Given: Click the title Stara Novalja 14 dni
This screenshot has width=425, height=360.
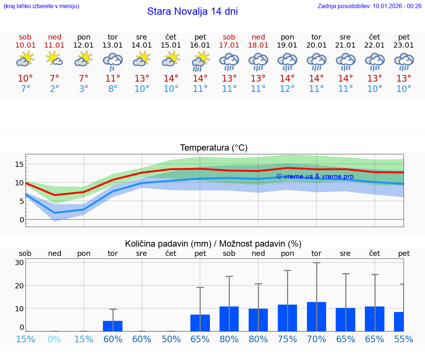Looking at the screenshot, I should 192,11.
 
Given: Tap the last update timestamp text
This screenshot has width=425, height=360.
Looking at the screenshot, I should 369,6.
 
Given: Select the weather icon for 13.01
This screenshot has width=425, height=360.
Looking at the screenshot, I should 113,62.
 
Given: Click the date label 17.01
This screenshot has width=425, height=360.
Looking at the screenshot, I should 229,45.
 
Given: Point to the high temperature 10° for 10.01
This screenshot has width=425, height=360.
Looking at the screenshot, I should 25,78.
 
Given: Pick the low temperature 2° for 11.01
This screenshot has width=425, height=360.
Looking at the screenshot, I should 55,89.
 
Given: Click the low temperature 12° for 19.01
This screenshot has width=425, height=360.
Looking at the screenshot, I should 287,89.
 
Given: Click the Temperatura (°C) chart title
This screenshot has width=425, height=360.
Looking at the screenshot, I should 214,148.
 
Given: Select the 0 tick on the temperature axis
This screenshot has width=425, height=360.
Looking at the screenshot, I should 22,220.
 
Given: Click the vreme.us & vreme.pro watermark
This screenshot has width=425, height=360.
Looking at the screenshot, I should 315,176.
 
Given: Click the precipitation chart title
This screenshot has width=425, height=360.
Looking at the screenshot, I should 213,244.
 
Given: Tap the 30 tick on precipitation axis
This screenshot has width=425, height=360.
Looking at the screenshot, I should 20,263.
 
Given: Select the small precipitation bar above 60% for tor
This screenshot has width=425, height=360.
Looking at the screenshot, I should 113,326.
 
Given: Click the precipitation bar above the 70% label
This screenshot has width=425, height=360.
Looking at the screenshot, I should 317,316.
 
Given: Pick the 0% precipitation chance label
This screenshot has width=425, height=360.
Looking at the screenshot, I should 55,339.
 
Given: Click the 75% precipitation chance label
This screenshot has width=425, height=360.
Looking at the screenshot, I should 287,339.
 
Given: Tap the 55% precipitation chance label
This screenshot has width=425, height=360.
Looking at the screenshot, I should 404,339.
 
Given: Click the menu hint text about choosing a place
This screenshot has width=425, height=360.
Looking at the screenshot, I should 41,6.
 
